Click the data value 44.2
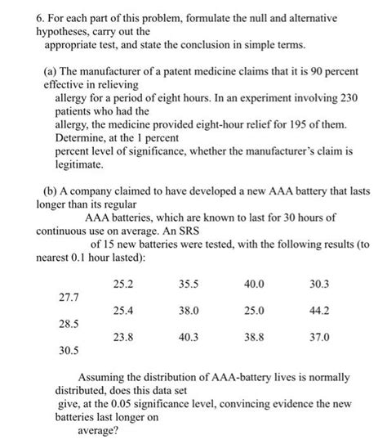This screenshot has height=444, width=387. point(319,311)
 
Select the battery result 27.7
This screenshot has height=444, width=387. point(69,298)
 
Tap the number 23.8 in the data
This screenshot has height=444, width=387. point(124,337)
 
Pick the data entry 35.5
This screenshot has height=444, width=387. point(188,285)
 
